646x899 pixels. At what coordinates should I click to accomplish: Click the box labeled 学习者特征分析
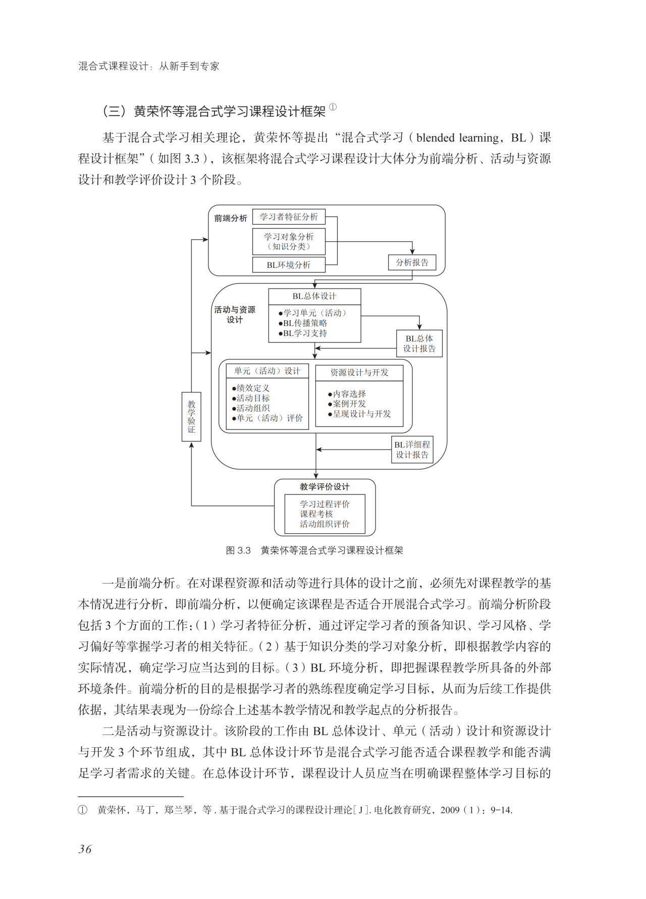pos(289,217)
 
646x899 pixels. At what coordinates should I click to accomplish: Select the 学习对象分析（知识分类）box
pos(289,242)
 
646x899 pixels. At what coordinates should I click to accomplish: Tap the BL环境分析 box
pos(289,265)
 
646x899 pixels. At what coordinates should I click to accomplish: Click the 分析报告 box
pos(412,262)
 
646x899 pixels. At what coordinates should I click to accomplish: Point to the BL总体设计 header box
pos(314,296)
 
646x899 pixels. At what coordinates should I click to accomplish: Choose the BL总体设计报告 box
pos(419,344)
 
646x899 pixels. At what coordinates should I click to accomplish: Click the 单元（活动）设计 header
pos(267,371)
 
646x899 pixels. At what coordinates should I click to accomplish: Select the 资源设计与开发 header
pos(359,372)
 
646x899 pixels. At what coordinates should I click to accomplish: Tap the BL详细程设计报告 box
pos(412,449)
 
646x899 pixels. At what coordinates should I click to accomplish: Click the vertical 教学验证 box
pos(191,417)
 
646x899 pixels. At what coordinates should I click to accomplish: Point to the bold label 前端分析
pos(231,218)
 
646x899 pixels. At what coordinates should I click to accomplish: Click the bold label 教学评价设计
pos(325,487)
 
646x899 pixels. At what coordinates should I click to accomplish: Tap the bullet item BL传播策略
pos(305,323)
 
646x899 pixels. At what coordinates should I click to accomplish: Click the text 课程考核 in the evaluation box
pos(316,514)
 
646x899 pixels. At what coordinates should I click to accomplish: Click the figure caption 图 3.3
pos(238,550)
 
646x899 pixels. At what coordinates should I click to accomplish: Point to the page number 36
pos(85,849)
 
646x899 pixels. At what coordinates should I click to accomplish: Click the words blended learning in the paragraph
pos(458,138)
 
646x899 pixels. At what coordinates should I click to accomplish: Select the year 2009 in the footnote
pos(450,810)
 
